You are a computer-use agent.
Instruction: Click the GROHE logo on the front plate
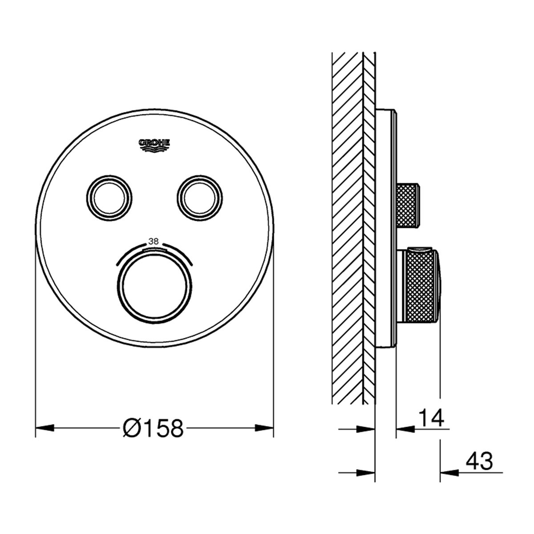(154, 146)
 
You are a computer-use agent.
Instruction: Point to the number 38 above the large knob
(153, 241)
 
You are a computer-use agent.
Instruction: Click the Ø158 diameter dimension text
(153, 428)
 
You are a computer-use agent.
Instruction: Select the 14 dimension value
(431, 418)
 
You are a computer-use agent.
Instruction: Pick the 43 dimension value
(479, 461)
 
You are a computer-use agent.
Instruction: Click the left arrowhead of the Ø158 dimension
(45, 428)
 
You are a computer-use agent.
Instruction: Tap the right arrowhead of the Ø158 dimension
(264, 428)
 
